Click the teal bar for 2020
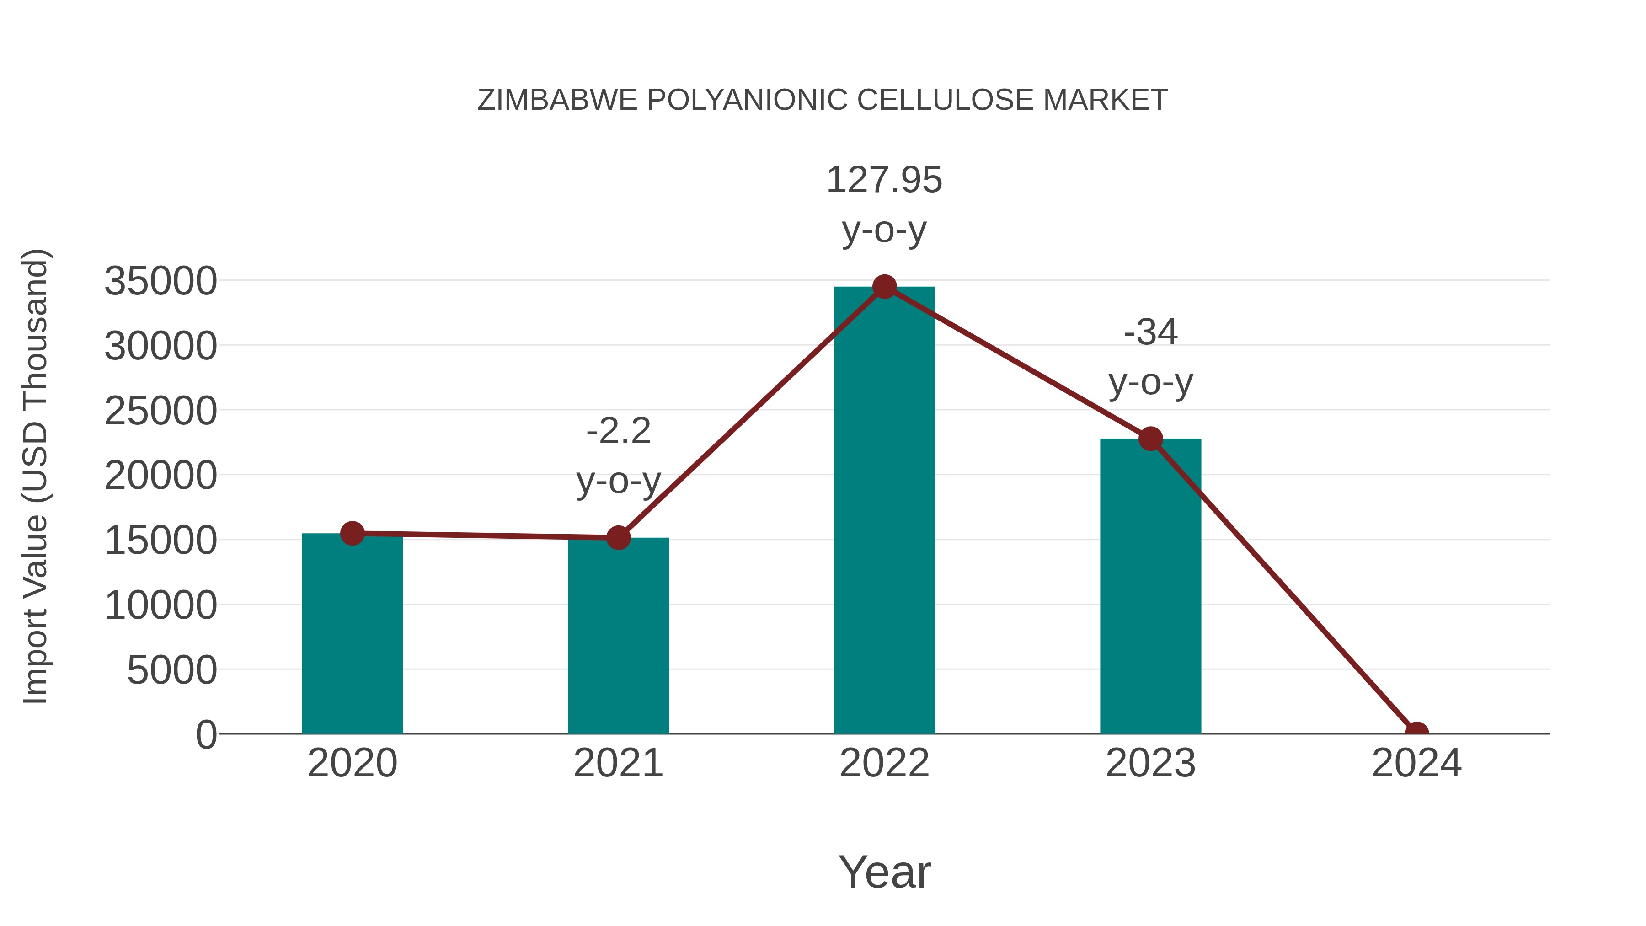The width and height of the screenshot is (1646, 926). tap(352, 633)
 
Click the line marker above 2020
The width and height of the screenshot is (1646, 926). tap(352, 533)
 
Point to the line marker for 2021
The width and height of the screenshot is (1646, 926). tap(618, 537)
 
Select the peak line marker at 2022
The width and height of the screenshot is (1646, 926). tap(884, 287)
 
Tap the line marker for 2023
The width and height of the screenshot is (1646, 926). tap(1150, 439)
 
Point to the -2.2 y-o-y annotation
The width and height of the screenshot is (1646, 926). tap(618, 455)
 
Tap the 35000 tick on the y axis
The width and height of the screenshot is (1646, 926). tap(160, 281)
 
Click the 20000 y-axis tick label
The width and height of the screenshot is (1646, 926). tap(160, 476)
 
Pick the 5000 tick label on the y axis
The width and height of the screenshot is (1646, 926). tap(172, 670)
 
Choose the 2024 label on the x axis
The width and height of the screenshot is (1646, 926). tap(1416, 763)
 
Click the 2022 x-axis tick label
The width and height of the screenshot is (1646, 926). tap(884, 763)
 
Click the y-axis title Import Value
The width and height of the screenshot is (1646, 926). tap(35, 476)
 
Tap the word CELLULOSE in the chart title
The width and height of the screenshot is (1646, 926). tap(945, 100)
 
